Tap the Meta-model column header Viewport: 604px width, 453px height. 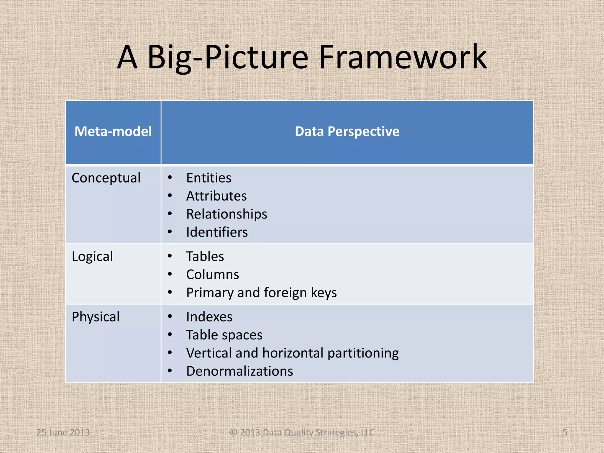pyautogui.click(x=113, y=131)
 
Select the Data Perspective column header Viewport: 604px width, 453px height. pyautogui.click(x=347, y=131)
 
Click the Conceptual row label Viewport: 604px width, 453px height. pyautogui.click(x=106, y=178)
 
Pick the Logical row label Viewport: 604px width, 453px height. pyautogui.click(x=92, y=256)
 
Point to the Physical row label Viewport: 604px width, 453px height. pyautogui.click(x=96, y=317)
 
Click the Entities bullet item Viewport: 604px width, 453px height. pyautogui.click(x=209, y=178)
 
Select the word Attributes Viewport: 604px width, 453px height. pyautogui.click(x=216, y=196)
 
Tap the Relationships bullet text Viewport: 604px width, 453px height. pyautogui.click(x=226, y=214)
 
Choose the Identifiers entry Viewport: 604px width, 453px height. pyautogui.click(x=217, y=232)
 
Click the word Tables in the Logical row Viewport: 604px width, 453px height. pyautogui.click(x=205, y=256)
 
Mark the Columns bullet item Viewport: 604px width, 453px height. pyautogui.click(x=212, y=275)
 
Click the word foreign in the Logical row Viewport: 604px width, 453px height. pyautogui.click(x=285, y=293)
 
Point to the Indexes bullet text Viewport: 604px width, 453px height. pyautogui.click(x=209, y=317)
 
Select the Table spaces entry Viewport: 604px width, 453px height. pyautogui.click(x=224, y=335)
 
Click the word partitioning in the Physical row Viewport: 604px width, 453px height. pyautogui.click(x=363, y=353)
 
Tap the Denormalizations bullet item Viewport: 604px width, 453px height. pyautogui.click(x=239, y=371)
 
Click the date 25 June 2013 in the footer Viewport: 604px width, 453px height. pyautogui.click(x=63, y=432)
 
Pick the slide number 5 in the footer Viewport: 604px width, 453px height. pyautogui.click(x=565, y=432)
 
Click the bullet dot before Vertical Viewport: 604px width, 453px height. pyautogui.click(x=170, y=353)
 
